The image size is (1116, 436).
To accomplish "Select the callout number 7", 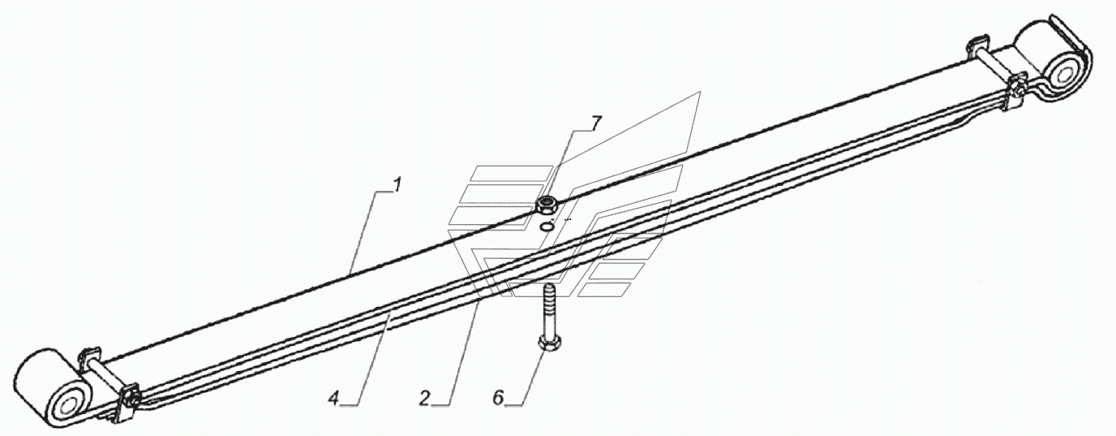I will (x=596, y=123).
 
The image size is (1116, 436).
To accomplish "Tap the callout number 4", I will (x=333, y=398).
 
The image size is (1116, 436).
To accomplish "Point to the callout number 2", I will (x=424, y=398).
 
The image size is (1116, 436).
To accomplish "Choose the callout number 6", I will (x=499, y=398).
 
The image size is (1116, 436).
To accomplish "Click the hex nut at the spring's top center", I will (x=548, y=205).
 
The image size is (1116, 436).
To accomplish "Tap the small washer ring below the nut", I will (x=548, y=227).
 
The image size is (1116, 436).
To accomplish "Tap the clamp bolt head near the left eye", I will (x=131, y=397).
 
